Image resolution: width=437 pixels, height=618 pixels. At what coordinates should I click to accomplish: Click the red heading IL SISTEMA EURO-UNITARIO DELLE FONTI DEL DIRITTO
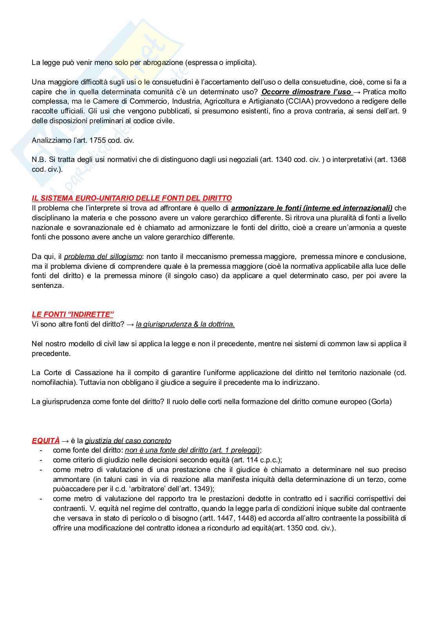point(132,198)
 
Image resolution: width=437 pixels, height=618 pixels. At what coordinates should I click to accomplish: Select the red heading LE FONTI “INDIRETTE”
point(72,314)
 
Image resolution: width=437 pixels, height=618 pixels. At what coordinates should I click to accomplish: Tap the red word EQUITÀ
point(46,440)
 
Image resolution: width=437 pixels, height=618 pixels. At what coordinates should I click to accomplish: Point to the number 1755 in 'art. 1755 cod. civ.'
point(98,140)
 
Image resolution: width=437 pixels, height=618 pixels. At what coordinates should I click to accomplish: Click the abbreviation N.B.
point(39,160)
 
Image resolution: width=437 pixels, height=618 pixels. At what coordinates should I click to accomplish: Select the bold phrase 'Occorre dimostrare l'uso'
point(306,92)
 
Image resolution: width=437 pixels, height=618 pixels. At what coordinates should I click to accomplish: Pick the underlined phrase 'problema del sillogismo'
point(103,257)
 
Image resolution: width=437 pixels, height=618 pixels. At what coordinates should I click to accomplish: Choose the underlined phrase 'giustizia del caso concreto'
point(128,440)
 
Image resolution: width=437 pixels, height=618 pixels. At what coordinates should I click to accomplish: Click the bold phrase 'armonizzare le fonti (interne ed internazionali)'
point(312,208)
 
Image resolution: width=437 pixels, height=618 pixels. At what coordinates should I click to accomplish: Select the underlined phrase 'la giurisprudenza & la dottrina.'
point(185,324)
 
